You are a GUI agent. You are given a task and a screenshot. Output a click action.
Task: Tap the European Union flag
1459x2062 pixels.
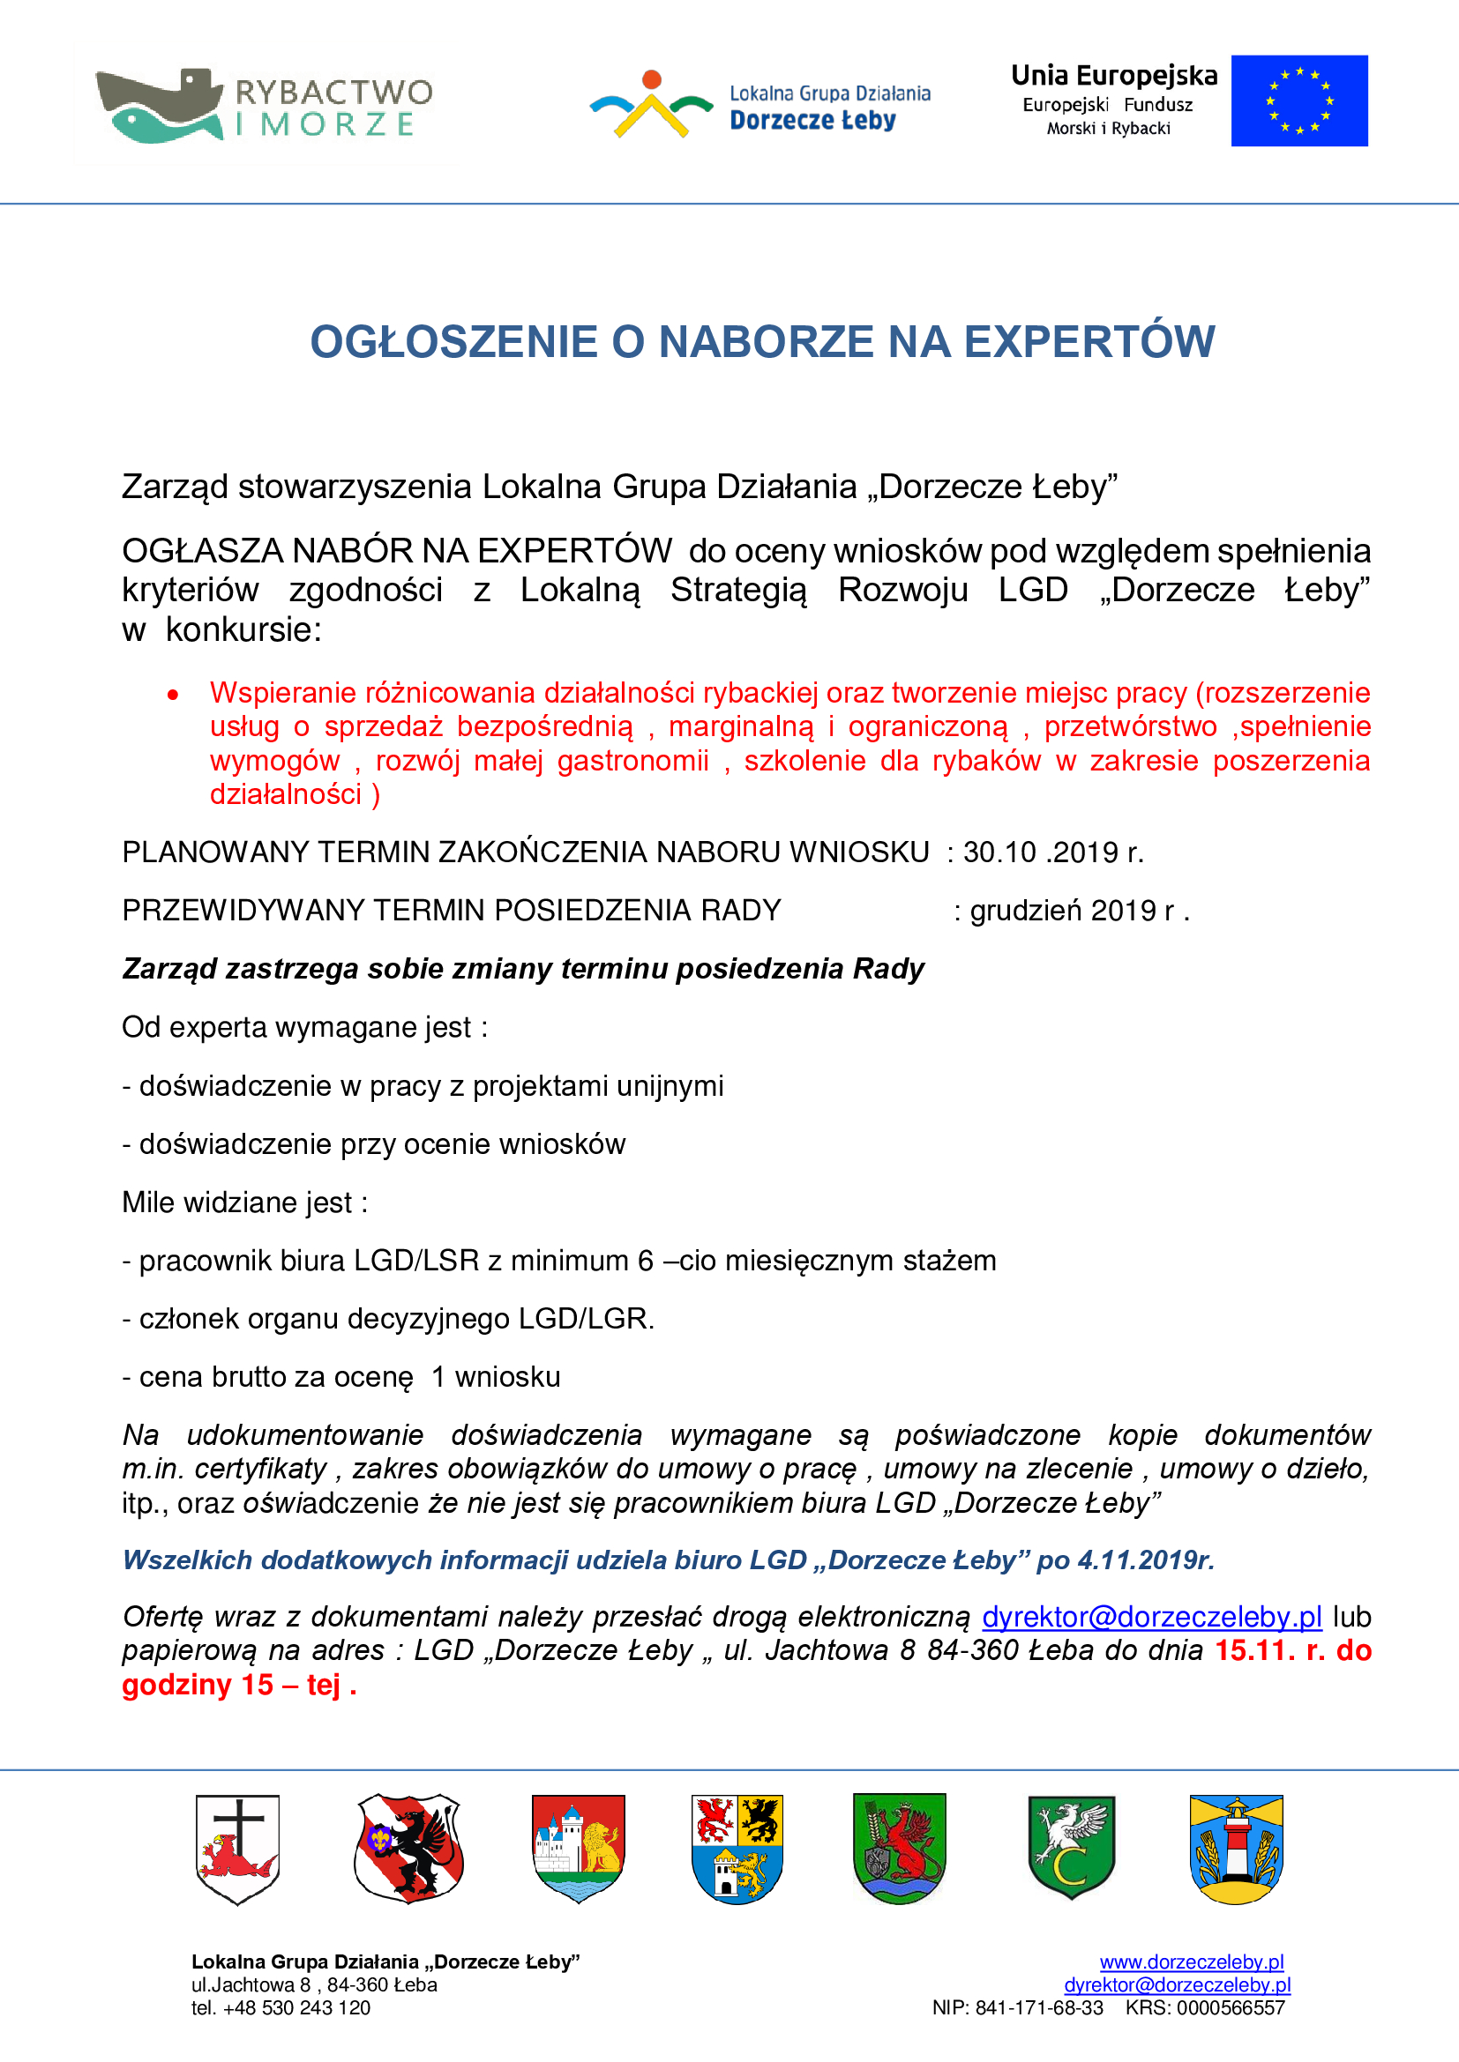[x=1299, y=100]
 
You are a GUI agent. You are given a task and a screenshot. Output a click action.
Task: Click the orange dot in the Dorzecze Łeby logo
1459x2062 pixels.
[x=652, y=79]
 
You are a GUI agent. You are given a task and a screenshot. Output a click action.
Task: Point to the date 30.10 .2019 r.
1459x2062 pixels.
[x=1053, y=852]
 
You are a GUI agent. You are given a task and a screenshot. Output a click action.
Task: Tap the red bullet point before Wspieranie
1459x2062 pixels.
[x=173, y=694]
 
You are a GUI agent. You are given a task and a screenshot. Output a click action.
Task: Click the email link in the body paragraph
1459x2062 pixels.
[x=1151, y=1617]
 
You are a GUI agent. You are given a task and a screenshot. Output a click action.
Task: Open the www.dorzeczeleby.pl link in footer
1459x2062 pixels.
[x=1191, y=1962]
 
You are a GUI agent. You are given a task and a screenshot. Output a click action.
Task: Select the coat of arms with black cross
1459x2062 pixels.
[x=238, y=1850]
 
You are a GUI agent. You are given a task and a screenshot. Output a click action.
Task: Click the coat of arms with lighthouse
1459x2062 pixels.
[x=1236, y=1850]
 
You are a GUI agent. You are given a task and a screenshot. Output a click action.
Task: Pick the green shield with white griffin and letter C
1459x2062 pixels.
[x=1071, y=1848]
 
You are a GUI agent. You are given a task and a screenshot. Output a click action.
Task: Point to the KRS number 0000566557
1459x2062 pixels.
[x=1231, y=2008]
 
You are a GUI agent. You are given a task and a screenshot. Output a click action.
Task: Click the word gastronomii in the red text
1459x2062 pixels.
[x=632, y=761]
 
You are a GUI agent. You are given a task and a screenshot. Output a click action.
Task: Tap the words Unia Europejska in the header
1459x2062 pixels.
[x=1114, y=76]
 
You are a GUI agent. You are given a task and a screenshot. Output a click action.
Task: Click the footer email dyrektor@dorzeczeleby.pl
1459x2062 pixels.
[x=1177, y=1984]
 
